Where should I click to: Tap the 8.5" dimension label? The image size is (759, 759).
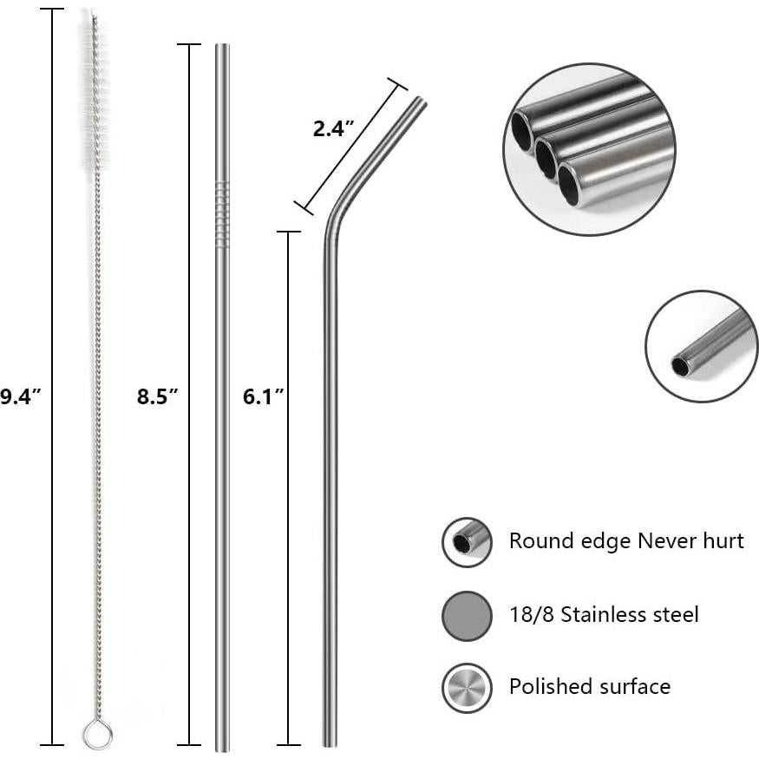(x=157, y=397)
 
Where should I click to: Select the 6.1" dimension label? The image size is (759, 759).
(x=264, y=397)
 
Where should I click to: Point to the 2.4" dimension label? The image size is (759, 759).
(x=334, y=130)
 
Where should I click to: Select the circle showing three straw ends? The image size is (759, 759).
(x=589, y=149)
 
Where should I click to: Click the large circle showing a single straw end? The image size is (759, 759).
(x=701, y=346)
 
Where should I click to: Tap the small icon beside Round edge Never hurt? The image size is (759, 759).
(x=467, y=542)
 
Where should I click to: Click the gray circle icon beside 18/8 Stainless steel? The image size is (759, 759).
(x=467, y=616)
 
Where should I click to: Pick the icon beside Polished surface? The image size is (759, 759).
(x=467, y=688)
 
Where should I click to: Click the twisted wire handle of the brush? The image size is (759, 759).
(x=97, y=434)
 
